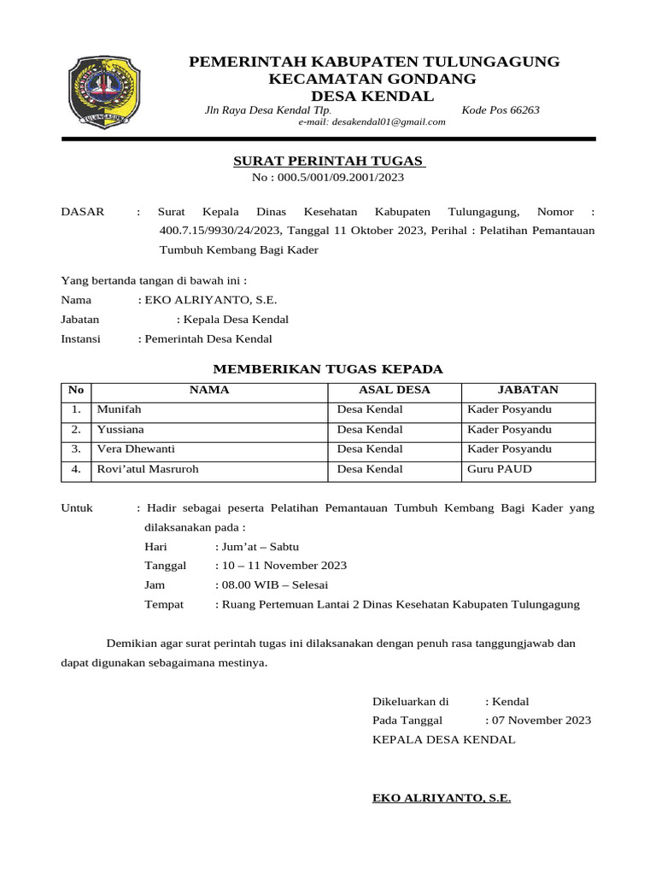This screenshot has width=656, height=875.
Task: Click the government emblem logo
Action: (100, 92)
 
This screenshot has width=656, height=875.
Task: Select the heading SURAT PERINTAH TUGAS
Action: (329, 161)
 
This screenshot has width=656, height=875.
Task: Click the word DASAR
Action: (83, 211)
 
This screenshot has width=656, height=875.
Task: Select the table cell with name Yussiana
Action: (120, 430)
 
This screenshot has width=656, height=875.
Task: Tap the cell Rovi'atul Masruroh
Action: (148, 469)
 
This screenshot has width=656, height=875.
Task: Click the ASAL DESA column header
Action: (395, 391)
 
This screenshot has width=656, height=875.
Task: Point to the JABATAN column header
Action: (528, 391)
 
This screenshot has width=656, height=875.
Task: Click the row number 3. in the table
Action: (76, 449)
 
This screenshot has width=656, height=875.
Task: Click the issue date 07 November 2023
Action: (541, 720)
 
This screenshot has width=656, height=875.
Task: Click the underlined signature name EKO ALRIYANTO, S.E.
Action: (442, 798)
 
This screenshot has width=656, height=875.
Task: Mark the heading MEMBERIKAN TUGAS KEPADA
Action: (327, 369)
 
